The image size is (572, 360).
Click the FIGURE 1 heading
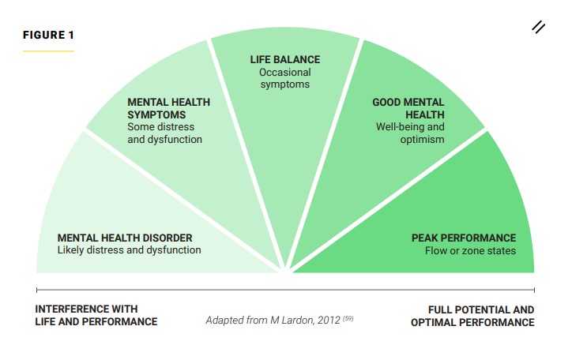click(x=48, y=35)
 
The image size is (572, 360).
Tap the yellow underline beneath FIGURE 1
click(x=48, y=51)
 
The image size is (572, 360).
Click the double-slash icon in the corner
click(x=539, y=28)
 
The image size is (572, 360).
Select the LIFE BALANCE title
click(x=285, y=59)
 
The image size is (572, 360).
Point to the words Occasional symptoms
click(x=285, y=78)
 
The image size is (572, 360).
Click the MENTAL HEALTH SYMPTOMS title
click(x=168, y=108)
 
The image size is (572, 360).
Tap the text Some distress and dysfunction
click(x=164, y=133)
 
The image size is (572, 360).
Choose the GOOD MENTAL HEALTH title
click(x=408, y=108)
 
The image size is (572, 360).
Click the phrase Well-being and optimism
click(x=410, y=133)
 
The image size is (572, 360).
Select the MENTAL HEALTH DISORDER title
click(x=125, y=238)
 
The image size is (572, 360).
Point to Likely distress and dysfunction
click(x=129, y=250)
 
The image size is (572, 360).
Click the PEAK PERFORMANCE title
click(x=464, y=238)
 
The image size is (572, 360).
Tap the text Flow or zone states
click(x=470, y=251)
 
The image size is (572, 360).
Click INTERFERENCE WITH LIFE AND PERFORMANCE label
click(x=96, y=316)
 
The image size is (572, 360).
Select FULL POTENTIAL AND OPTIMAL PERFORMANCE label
click(x=472, y=316)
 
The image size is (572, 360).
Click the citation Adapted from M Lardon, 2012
click(x=273, y=321)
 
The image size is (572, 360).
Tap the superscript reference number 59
click(x=348, y=318)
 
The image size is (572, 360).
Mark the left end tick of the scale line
click(x=37, y=290)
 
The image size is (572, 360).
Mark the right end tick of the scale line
click(x=534, y=290)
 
